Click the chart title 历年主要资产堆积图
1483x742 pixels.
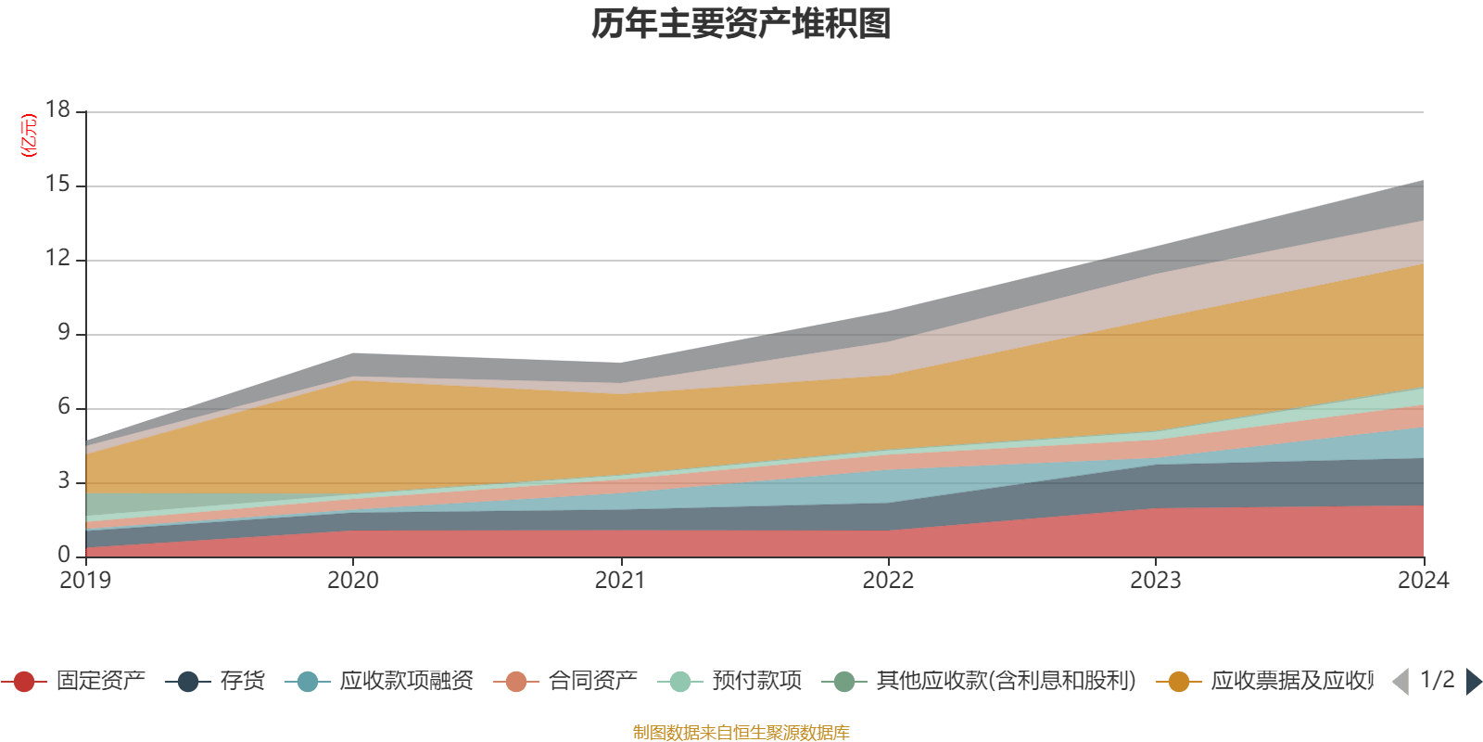tap(741, 24)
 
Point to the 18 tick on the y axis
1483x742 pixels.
tap(57, 110)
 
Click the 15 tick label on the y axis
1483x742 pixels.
tap(57, 185)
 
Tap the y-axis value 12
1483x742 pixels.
tap(57, 259)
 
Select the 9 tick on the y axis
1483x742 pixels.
tap(63, 333)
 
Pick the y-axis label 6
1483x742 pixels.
tap(63, 407)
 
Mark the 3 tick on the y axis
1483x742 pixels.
tap(63, 481)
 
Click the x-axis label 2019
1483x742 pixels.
tap(85, 581)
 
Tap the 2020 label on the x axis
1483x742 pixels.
tap(352, 581)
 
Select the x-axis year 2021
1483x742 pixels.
tap(620, 581)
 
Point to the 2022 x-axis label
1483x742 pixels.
tap(888, 581)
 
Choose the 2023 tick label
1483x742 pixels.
tap(1155, 581)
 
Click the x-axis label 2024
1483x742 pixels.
tap(1423, 581)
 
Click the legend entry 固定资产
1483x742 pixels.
tap(100, 682)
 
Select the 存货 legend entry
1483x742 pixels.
tap(242, 682)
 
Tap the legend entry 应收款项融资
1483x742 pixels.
tap(406, 682)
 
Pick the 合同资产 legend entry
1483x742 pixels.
tap(592, 682)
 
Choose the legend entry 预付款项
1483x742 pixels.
tap(756, 682)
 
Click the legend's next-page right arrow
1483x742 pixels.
tap(1473, 682)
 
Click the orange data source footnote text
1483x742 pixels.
tap(741, 733)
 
